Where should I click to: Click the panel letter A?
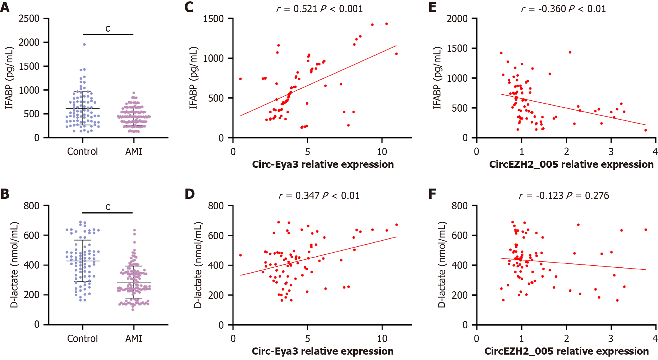pos(5,7)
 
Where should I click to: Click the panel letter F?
pos(432,194)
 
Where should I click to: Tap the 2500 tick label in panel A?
pos(29,19)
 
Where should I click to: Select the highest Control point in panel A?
pos(84,44)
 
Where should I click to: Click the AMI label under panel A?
pos(134,152)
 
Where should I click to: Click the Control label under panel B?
pos(82,339)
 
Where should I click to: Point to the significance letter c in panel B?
pos(108,206)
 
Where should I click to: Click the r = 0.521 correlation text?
pos(297,9)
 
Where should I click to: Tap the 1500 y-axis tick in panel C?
pos(213,19)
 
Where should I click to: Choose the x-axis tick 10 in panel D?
pos(382,339)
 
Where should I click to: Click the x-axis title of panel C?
pos(323,164)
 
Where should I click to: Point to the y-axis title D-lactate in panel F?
pos(441,265)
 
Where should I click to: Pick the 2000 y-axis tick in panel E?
pos(457,19)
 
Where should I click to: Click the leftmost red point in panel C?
pos(241,79)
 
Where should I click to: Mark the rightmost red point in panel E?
pos(645,130)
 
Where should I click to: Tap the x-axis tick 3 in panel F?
pos(611,339)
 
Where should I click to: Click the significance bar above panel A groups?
pos(108,34)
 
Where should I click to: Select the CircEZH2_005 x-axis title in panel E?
pos(571,164)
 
